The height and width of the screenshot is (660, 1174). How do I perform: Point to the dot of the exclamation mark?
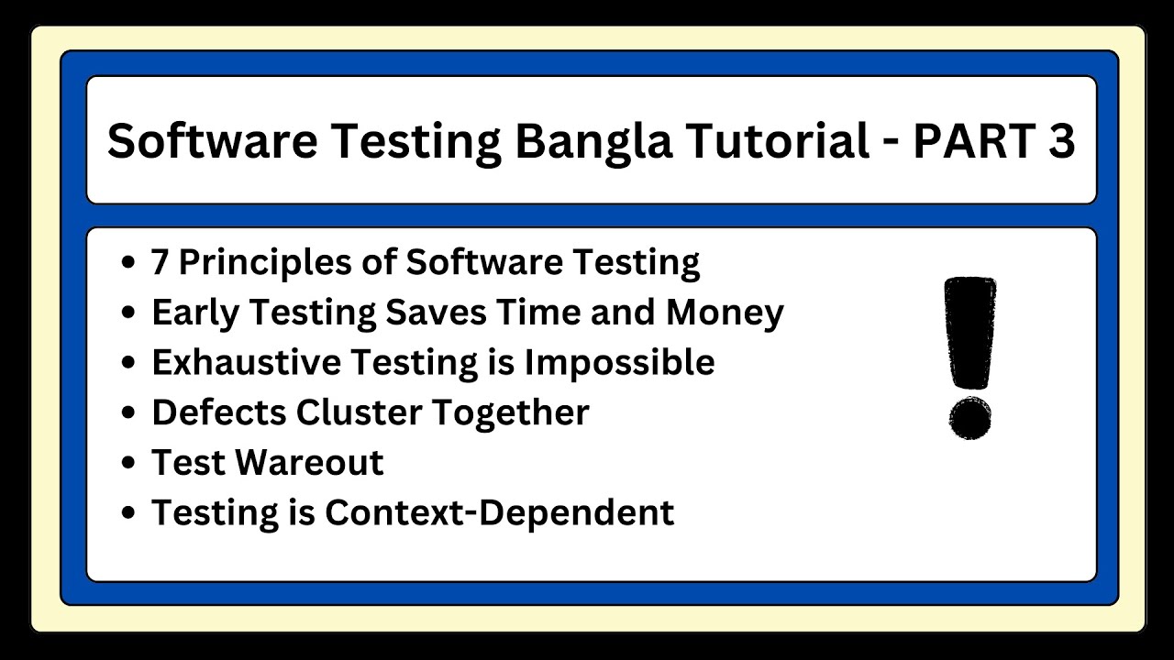point(969,418)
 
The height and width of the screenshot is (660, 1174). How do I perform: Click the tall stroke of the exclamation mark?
point(969,335)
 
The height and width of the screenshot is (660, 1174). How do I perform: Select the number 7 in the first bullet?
point(161,262)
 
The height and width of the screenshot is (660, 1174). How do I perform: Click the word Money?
point(725,313)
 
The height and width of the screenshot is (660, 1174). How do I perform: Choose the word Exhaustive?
point(238,362)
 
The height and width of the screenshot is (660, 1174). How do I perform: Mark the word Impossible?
point(619,362)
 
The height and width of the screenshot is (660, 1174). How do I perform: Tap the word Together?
point(510,412)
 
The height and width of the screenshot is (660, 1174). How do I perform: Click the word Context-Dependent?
point(499,511)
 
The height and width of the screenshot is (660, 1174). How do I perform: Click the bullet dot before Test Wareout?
point(129,463)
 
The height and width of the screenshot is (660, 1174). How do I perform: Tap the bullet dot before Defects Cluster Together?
point(129,413)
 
